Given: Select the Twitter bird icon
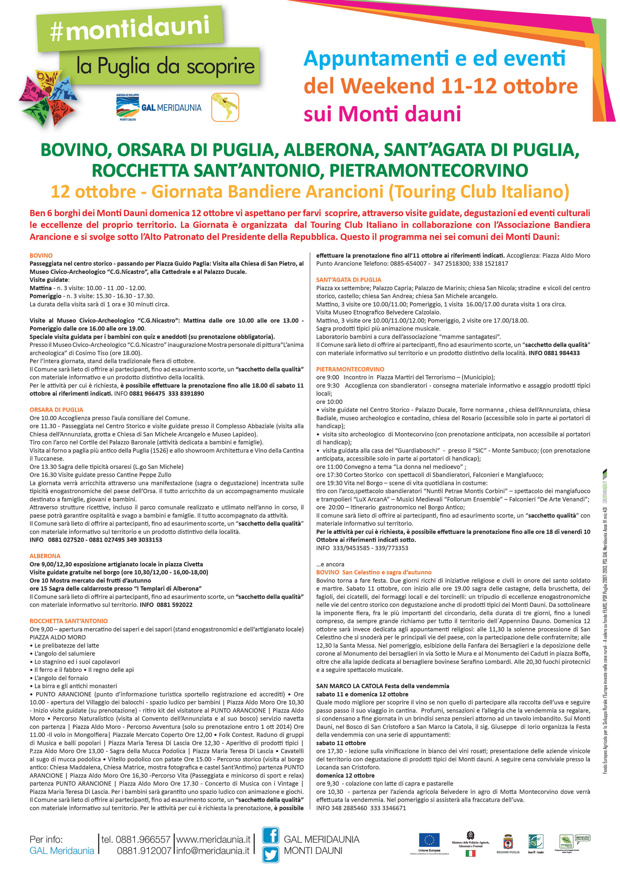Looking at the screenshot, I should (270, 854).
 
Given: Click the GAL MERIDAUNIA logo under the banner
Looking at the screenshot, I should (159, 107).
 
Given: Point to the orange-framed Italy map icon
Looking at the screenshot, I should (225, 107).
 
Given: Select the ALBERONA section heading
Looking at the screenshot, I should (45, 556).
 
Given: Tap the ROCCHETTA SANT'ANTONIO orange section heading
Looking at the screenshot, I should (69, 621).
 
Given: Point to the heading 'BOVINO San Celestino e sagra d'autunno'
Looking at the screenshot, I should (374, 572).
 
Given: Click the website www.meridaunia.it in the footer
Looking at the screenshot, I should (213, 839).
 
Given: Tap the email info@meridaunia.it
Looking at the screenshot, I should (213, 851).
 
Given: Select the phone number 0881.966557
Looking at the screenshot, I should (136, 839).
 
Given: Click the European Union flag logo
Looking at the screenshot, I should (429, 840).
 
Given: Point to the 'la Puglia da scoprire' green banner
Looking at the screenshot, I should (165, 66).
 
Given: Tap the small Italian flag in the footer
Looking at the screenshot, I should (470, 853).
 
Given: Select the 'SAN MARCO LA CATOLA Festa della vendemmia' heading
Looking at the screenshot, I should (383, 686).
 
